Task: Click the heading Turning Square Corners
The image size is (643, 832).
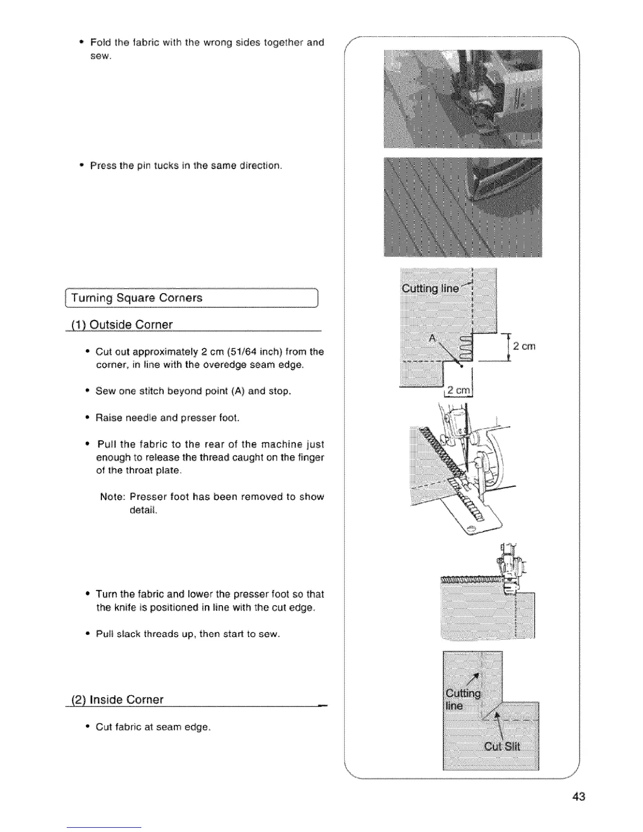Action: coord(137,298)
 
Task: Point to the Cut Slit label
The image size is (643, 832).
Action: coord(502,747)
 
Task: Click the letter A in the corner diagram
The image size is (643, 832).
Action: coord(433,339)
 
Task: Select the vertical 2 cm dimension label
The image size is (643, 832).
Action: coord(524,346)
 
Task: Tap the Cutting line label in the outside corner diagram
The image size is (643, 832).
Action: coord(430,288)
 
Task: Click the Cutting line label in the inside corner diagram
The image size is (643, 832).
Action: coord(462,700)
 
